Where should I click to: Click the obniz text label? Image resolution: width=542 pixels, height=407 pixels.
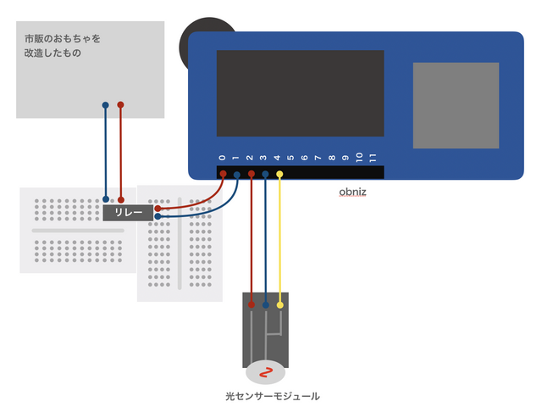352,192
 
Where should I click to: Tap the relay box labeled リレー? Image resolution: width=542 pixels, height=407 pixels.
128,212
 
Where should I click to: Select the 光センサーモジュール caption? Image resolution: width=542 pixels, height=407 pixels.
272,395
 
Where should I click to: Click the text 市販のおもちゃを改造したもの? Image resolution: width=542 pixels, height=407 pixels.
63,46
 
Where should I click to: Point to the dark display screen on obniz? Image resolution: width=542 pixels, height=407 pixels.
300,93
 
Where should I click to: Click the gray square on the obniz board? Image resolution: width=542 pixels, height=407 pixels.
456,105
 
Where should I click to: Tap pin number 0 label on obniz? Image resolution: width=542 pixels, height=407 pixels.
222,158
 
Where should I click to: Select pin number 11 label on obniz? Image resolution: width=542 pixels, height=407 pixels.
373,157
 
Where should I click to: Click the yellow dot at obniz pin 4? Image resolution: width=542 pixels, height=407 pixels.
279,174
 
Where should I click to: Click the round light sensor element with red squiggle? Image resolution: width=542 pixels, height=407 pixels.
266,371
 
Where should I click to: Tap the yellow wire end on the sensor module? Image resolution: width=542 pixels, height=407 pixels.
280,304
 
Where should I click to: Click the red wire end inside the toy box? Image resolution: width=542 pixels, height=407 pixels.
120,105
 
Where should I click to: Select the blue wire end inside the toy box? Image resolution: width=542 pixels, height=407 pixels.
105,105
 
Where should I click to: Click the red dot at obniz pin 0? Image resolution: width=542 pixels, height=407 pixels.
223,174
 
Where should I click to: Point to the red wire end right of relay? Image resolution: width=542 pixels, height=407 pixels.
158,206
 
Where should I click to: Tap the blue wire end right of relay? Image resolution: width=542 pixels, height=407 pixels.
158,216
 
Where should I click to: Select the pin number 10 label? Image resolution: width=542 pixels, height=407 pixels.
359,157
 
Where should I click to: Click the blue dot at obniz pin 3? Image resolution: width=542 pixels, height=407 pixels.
265,174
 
